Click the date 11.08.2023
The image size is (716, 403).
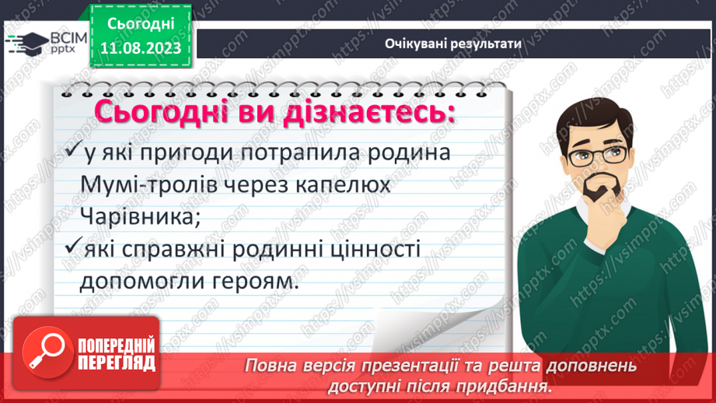(x=141, y=48)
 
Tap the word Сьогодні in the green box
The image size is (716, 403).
(x=141, y=24)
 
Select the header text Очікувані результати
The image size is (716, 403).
(x=452, y=43)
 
